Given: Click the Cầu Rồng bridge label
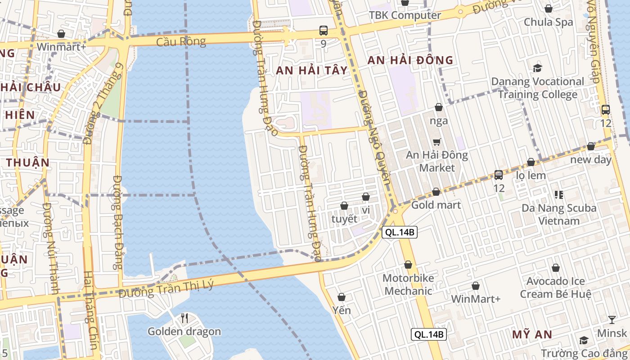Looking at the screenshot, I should click(181, 42).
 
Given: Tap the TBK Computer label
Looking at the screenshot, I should click(405, 15).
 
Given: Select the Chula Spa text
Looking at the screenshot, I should click(549, 22).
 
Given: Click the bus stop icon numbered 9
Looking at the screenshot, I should click(324, 31).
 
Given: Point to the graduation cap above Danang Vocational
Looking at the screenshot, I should click(537, 68).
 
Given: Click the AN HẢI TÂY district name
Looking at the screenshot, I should click(312, 70).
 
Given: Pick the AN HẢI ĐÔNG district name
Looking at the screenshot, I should click(410, 60).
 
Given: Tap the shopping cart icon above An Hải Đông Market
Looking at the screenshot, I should click(436, 142).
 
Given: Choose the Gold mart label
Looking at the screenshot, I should click(436, 205).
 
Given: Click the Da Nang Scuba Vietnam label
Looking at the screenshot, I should click(559, 215).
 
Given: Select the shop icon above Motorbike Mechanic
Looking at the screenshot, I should click(408, 265).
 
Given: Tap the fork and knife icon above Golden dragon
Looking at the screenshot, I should click(184, 318).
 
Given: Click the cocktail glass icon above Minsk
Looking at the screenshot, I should click(612, 320).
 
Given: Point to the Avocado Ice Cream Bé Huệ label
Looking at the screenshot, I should click(556, 288).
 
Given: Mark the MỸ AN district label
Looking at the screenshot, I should click(532, 334).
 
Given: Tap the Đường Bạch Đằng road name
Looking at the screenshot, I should click(117, 222).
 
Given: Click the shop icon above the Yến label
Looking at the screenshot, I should click(342, 297).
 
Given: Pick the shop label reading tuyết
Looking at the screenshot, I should click(344, 219).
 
